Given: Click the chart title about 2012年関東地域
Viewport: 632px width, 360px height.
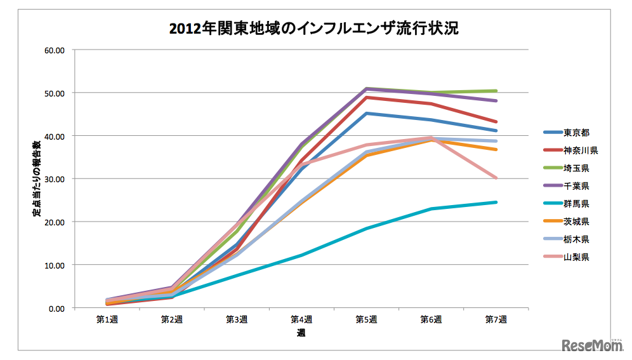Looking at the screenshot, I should [313, 29].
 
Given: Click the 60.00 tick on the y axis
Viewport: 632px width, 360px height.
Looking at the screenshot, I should [56, 50].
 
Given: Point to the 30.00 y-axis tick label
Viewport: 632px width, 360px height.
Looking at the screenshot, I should [56, 179].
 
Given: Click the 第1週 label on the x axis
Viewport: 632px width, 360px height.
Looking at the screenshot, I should [107, 319].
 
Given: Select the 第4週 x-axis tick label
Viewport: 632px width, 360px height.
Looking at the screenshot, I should [301, 319].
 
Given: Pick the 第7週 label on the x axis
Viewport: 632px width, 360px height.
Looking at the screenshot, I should [496, 319].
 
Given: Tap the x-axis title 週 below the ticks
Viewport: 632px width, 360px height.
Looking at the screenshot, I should [301, 333].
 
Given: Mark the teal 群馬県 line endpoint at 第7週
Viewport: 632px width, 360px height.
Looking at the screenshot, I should [496, 203].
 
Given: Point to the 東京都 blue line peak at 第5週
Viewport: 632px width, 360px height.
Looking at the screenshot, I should [366, 114].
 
